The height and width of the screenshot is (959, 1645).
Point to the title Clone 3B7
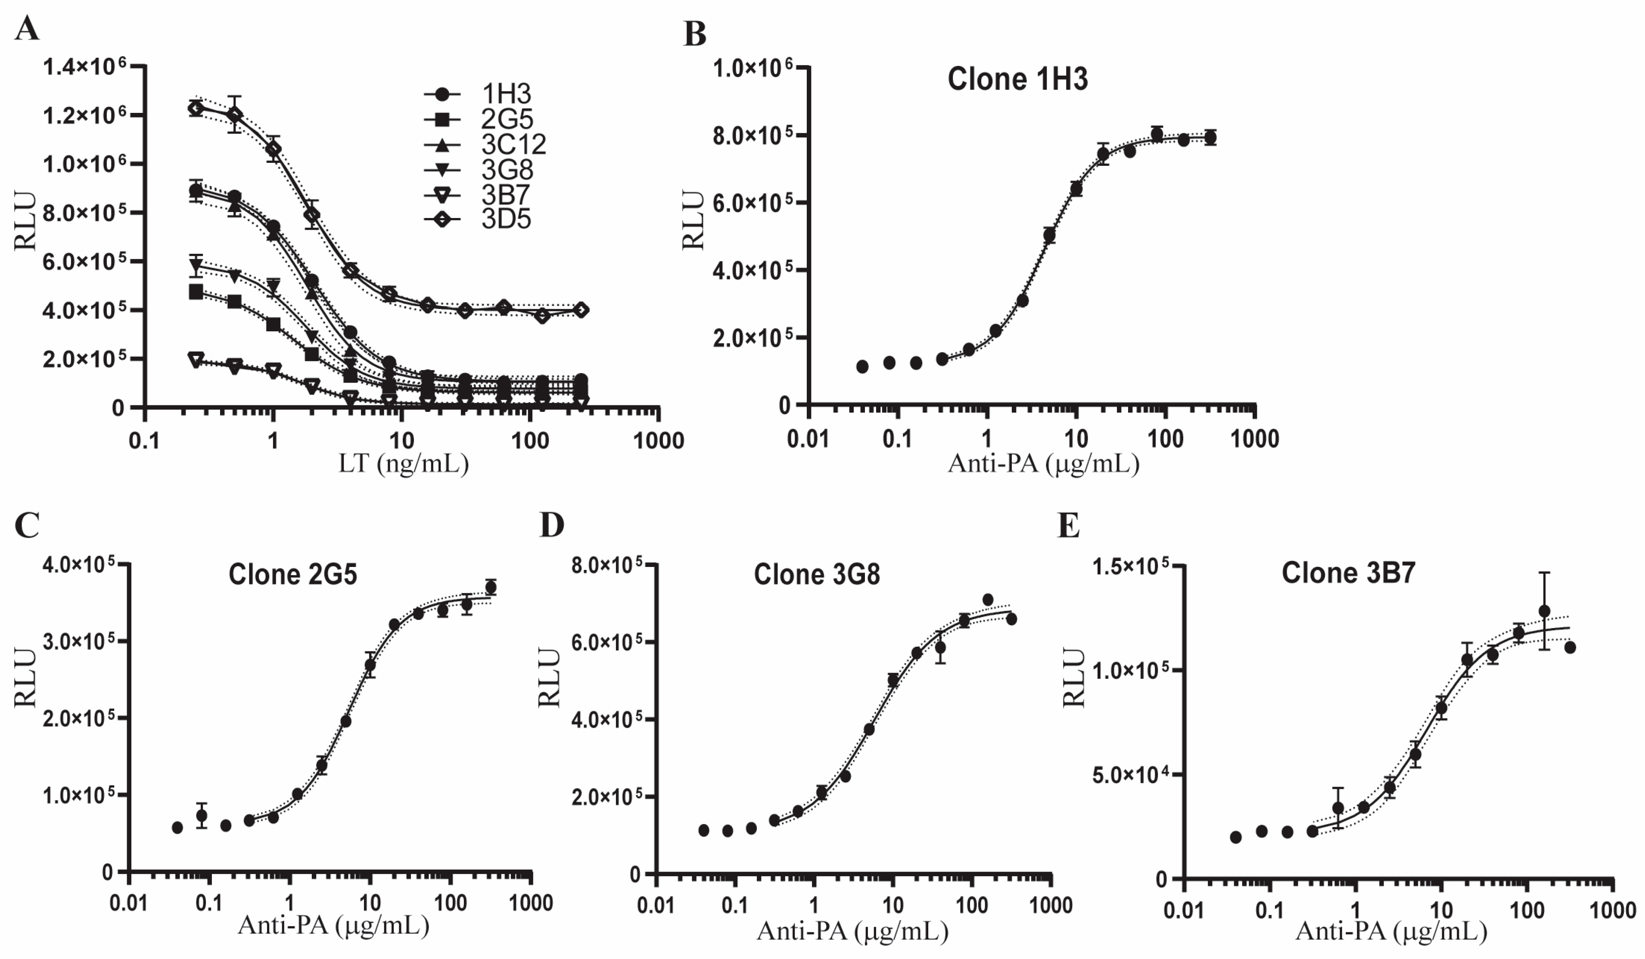point(1348,573)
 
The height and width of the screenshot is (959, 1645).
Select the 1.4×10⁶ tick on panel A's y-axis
point(84,67)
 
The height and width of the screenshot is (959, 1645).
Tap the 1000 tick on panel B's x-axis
point(1254,439)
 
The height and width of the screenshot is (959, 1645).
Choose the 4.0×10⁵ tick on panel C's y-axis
point(78,564)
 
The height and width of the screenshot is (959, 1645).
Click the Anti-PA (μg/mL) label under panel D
point(852,930)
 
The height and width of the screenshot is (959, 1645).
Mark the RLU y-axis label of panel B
point(693,220)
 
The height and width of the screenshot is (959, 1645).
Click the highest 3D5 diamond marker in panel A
point(195,109)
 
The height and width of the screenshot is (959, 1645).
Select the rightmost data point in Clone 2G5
point(491,587)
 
